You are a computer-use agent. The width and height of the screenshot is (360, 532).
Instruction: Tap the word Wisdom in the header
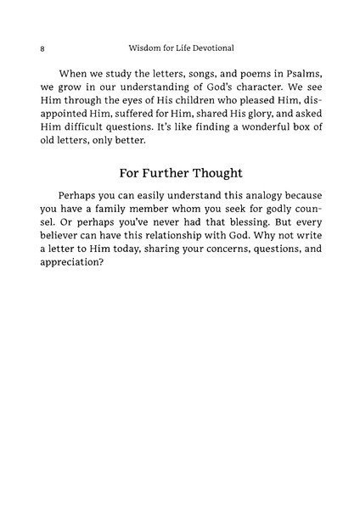pyautogui.click(x=141, y=48)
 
